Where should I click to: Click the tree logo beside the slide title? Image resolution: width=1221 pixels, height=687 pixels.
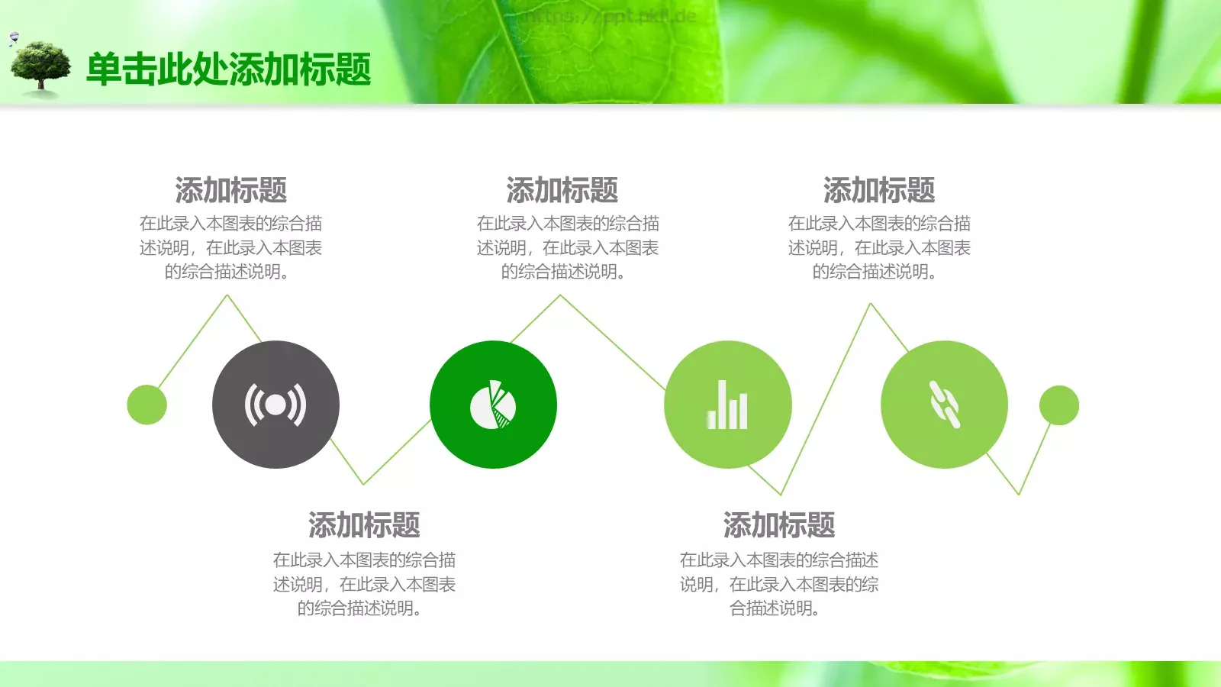click(41, 68)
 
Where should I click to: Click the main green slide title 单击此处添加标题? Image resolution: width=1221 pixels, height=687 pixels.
click(228, 69)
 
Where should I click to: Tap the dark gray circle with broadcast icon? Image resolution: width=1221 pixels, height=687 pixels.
click(275, 405)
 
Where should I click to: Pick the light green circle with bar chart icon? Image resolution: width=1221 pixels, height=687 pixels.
click(727, 405)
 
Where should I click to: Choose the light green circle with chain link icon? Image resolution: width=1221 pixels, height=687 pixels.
click(944, 405)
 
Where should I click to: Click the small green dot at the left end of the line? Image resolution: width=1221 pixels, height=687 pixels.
click(147, 405)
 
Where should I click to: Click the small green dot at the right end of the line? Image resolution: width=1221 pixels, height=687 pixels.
click(1058, 405)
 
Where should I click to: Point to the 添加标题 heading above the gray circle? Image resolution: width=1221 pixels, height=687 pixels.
click(230, 190)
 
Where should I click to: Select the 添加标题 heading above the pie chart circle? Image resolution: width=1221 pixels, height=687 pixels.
click(562, 190)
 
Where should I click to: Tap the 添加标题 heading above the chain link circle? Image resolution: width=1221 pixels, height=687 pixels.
click(878, 190)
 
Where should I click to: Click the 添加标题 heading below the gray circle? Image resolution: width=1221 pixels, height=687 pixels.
click(364, 525)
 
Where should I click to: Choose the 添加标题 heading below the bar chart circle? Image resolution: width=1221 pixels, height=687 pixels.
click(778, 525)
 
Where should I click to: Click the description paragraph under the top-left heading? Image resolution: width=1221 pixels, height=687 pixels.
click(230, 247)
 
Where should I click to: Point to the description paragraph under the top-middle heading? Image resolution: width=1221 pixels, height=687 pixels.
click(567, 247)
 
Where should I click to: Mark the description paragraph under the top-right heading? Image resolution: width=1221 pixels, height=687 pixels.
click(878, 247)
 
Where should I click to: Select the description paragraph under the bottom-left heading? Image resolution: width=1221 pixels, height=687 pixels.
click(364, 584)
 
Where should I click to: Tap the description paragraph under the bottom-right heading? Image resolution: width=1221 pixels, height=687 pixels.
click(778, 584)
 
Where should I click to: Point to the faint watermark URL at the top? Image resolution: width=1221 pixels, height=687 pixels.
click(610, 16)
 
